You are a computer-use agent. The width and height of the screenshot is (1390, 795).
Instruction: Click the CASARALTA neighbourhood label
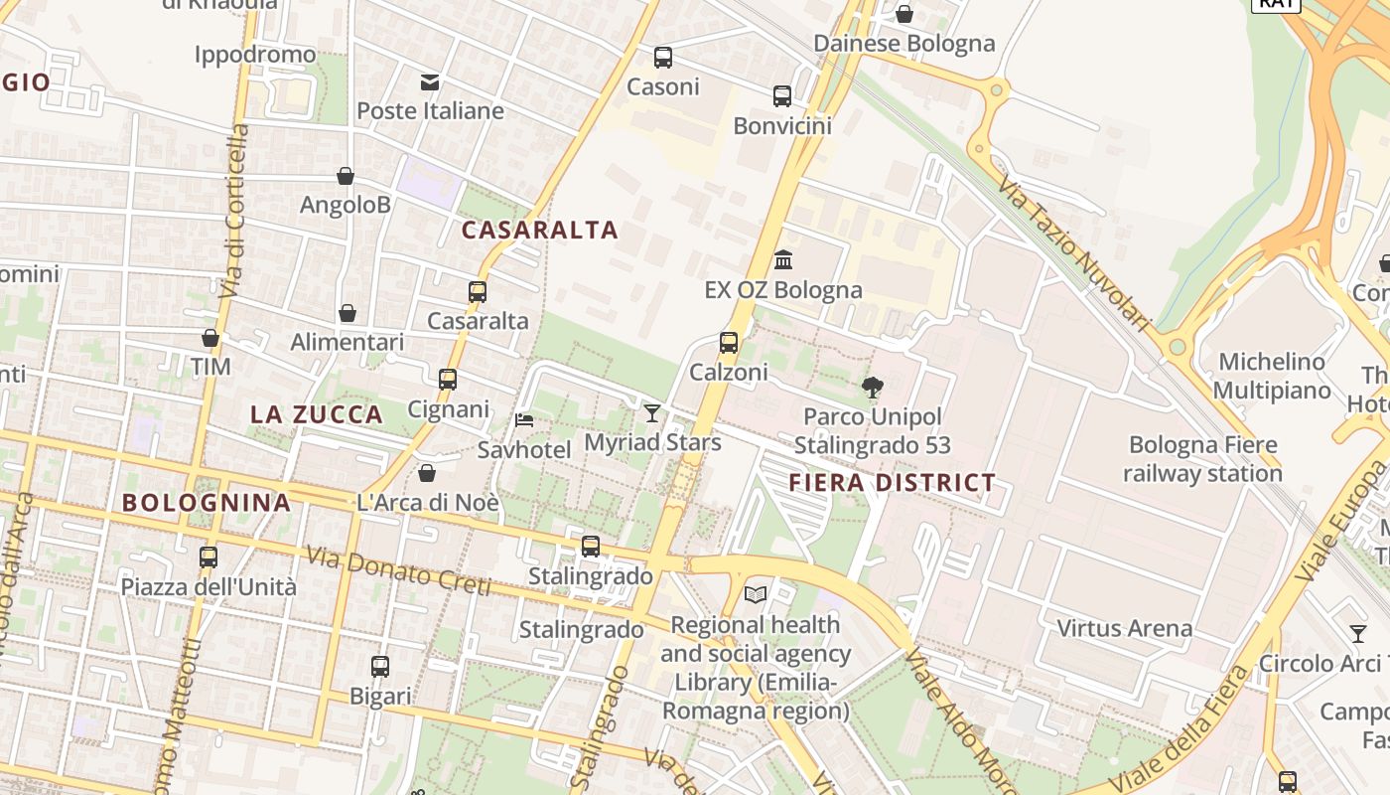click(x=540, y=231)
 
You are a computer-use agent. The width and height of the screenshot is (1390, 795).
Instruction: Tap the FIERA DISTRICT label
click(x=892, y=484)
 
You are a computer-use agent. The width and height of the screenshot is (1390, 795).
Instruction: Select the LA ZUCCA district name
click(x=317, y=415)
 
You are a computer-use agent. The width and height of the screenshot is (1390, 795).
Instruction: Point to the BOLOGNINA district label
click(x=207, y=503)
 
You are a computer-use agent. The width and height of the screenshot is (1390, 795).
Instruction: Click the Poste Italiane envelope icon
click(x=430, y=81)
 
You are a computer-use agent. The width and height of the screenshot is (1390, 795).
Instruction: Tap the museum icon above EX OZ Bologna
click(x=783, y=260)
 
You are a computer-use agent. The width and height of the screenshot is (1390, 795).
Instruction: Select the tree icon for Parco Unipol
click(x=873, y=388)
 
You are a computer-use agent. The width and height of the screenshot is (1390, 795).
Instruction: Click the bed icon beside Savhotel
click(x=524, y=420)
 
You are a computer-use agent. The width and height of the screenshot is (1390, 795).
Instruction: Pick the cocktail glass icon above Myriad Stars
click(x=652, y=412)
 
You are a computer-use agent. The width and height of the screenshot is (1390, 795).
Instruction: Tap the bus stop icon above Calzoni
click(x=729, y=343)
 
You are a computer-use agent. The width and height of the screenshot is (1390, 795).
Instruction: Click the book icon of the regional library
click(x=756, y=594)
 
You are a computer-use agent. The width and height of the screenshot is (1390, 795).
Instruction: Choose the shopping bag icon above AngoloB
click(x=346, y=176)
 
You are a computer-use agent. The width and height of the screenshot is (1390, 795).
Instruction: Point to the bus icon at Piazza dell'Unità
click(x=208, y=557)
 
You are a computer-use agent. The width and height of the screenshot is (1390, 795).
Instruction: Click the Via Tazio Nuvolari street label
click(x=1073, y=254)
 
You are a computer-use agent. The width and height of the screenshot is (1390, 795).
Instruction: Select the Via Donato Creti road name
click(x=398, y=571)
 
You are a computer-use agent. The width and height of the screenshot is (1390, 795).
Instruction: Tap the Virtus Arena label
click(x=1124, y=628)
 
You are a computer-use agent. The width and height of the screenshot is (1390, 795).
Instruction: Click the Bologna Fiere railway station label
click(x=1202, y=458)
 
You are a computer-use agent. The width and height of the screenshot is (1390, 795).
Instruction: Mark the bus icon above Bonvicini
click(x=782, y=96)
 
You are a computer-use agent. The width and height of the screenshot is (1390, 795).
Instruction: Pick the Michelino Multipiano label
click(x=1272, y=376)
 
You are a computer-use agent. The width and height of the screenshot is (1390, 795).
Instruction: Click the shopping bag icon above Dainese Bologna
click(x=904, y=14)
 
